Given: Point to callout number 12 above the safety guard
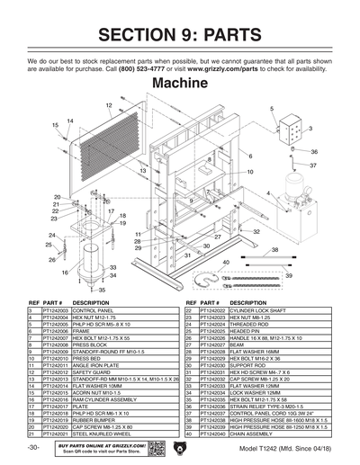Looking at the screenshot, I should click(109, 106).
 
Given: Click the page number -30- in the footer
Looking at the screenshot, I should click(33, 448).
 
